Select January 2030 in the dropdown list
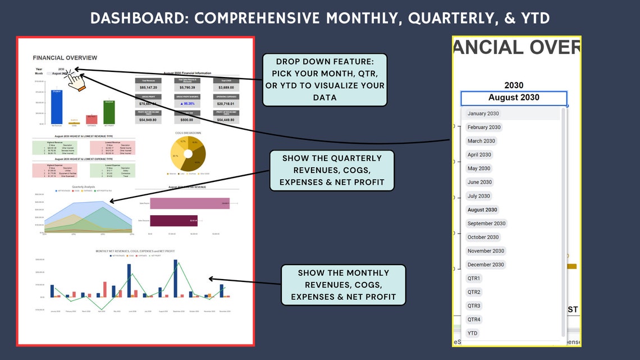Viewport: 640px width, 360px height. tap(483, 113)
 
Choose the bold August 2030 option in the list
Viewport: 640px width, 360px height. tap(482, 209)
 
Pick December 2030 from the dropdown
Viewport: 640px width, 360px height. tap(486, 265)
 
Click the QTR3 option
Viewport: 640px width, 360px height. tap(474, 306)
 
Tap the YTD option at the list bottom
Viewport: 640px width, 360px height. tap(472, 333)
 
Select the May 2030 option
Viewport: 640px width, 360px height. tap(479, 168)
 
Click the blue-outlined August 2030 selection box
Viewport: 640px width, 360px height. tap(514, 98)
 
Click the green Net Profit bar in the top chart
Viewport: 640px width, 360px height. tap(109, 112)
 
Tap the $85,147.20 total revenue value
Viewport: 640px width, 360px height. tap(148, 88)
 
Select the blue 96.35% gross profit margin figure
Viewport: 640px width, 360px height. tap(187, 104)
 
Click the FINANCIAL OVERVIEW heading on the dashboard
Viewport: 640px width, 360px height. tap(65, 58)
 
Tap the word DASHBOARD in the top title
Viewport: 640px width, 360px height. tap(139, 19)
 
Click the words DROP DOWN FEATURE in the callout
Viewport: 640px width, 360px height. tap(324, 61)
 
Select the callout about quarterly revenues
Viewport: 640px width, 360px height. tap(332, 170)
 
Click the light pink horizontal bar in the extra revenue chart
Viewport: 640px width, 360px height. tap(189, 203)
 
